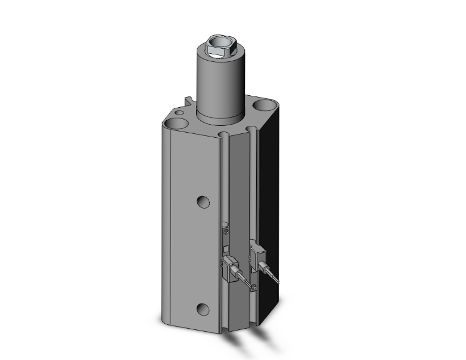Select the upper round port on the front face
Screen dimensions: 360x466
pyautogui.click(x=202, y=201)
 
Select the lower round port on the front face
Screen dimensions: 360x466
pyautogui.click(x=202, y=309)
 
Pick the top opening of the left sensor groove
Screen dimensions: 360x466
pyautogui.click(x=224, y=135)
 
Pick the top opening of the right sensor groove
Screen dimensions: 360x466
pyautogui.click(x=251, y=130)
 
